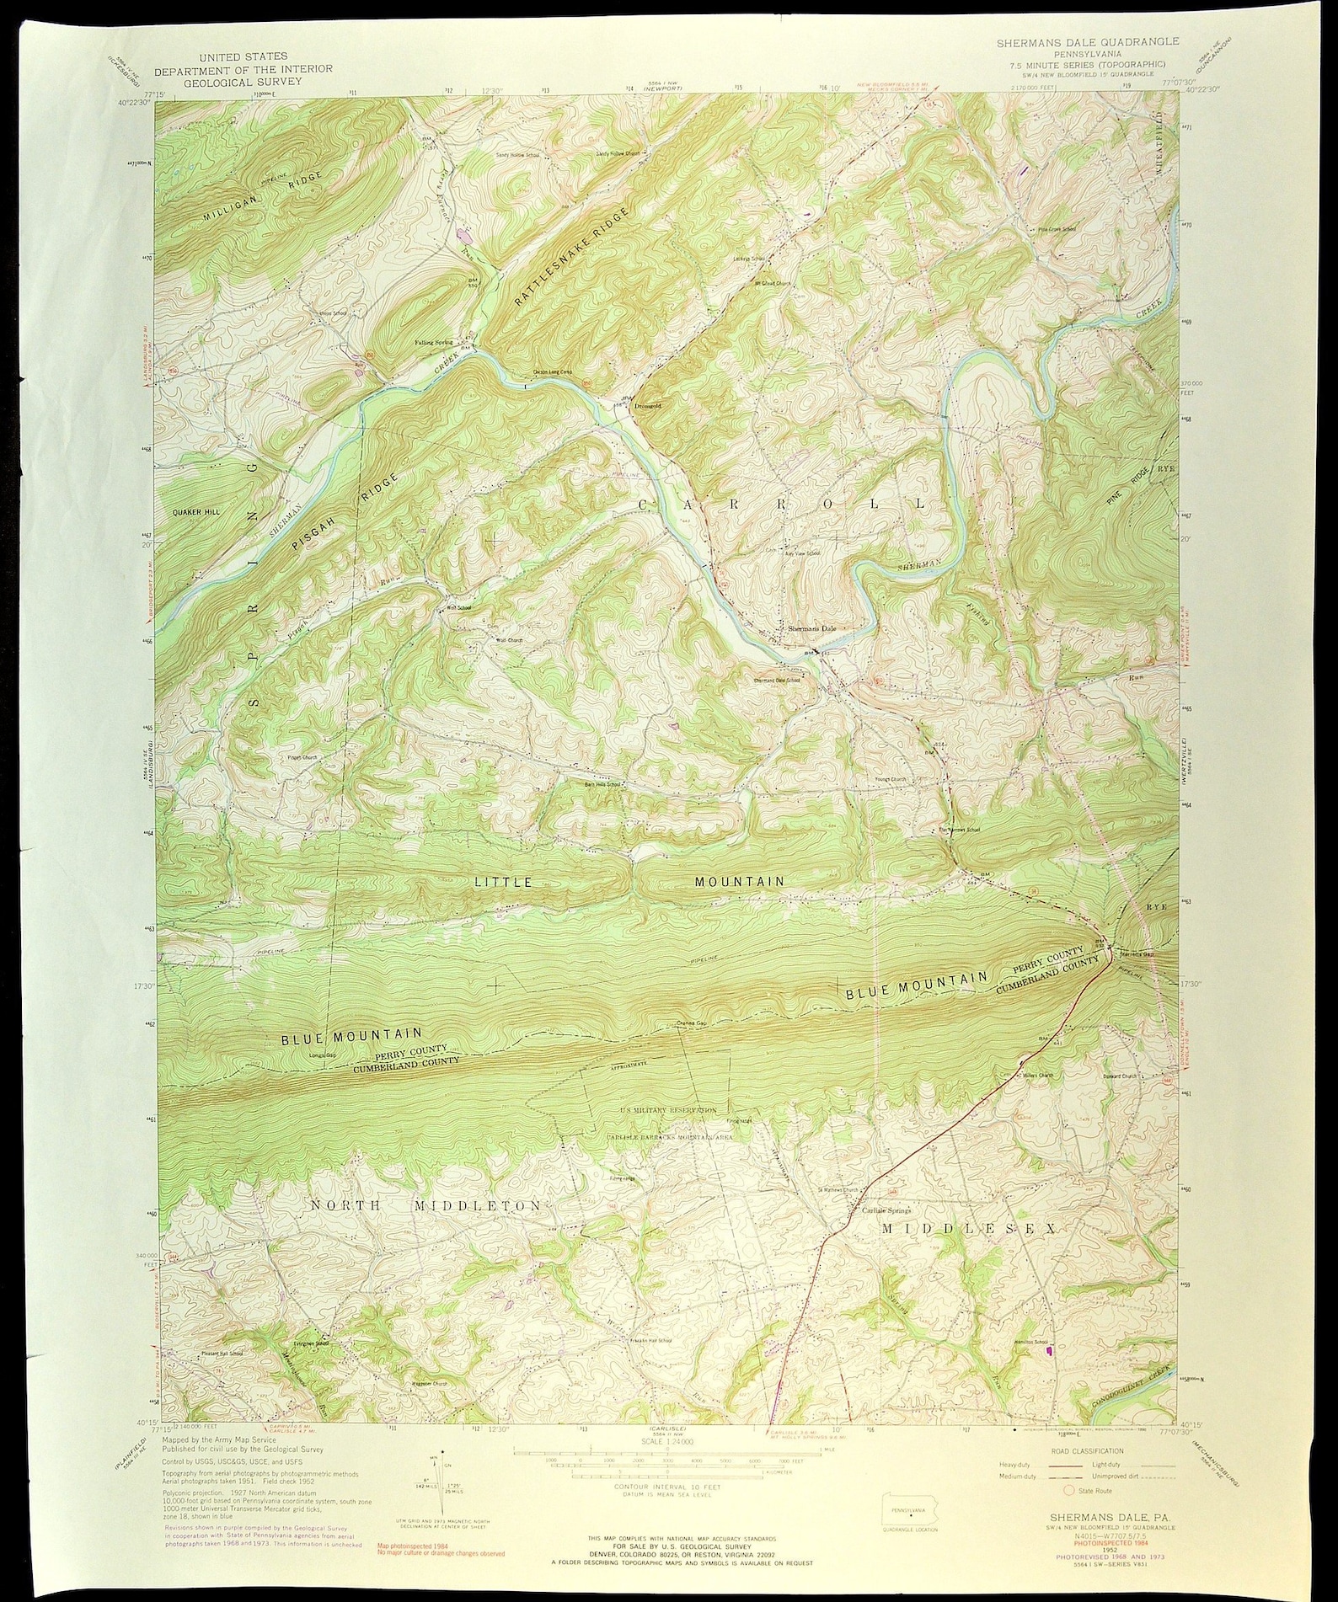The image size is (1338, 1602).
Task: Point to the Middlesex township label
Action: pyautogui.click(x=968, y=1230)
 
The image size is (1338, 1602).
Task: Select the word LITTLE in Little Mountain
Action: pyautogui.click(x=503, y=882)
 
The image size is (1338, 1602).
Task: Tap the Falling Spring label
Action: pyautogui.click(x=433, y=343)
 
